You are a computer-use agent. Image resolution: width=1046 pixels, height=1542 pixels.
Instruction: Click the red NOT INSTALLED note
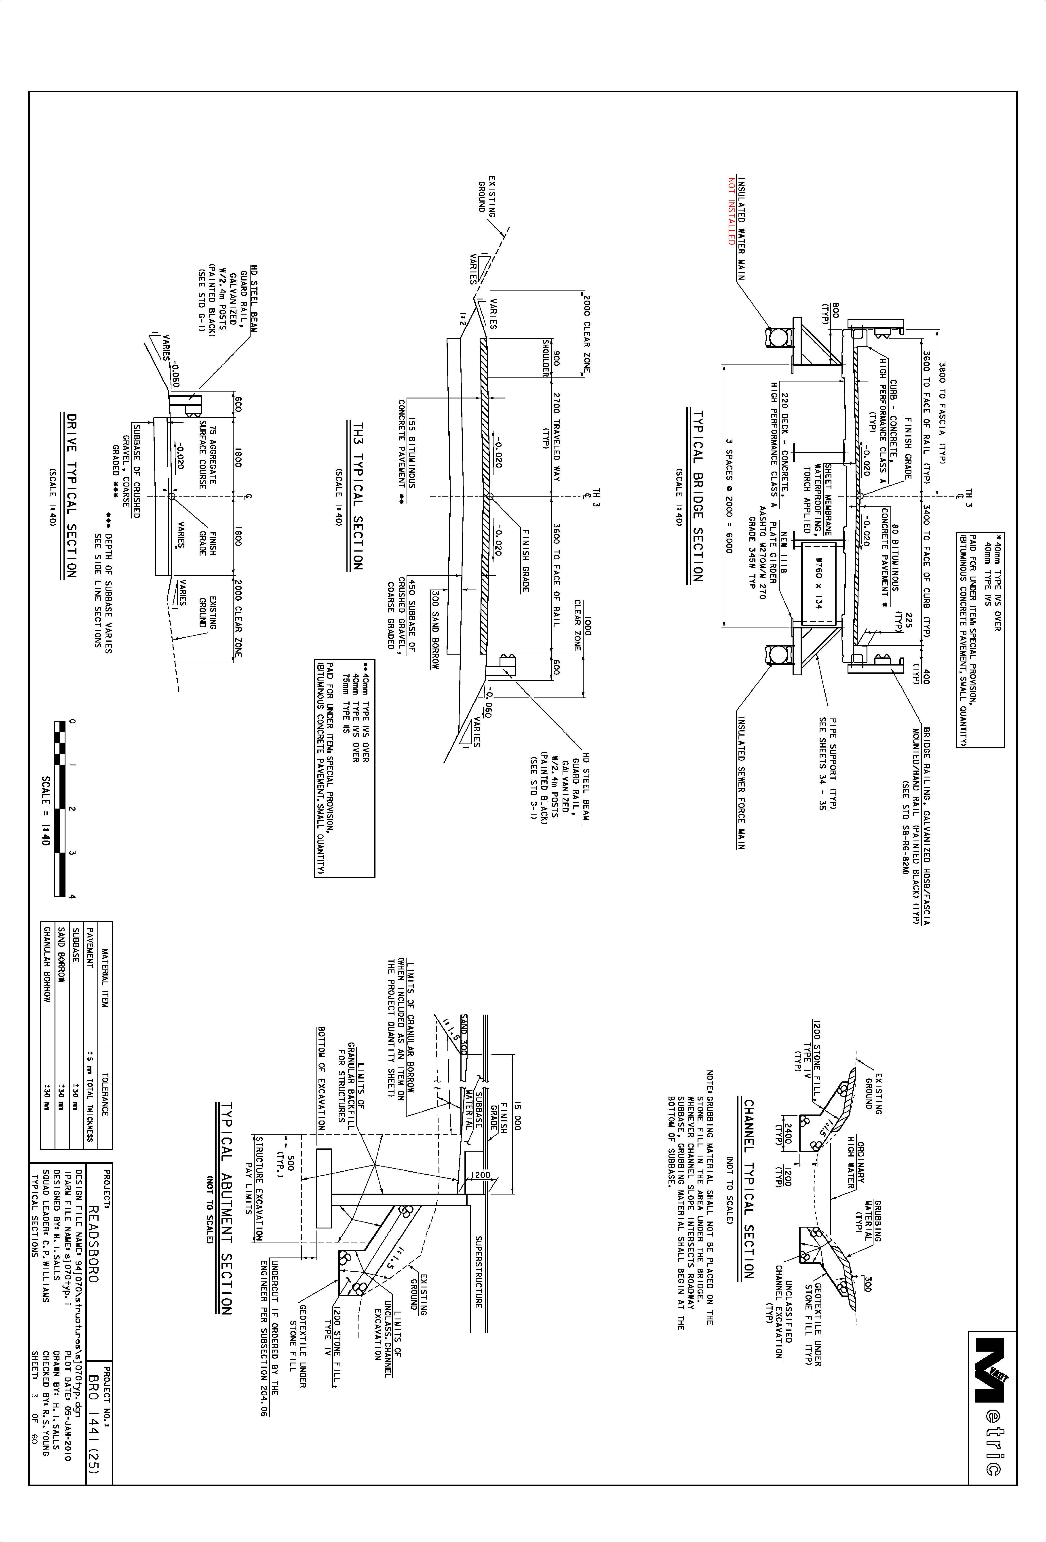point(732,211)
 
